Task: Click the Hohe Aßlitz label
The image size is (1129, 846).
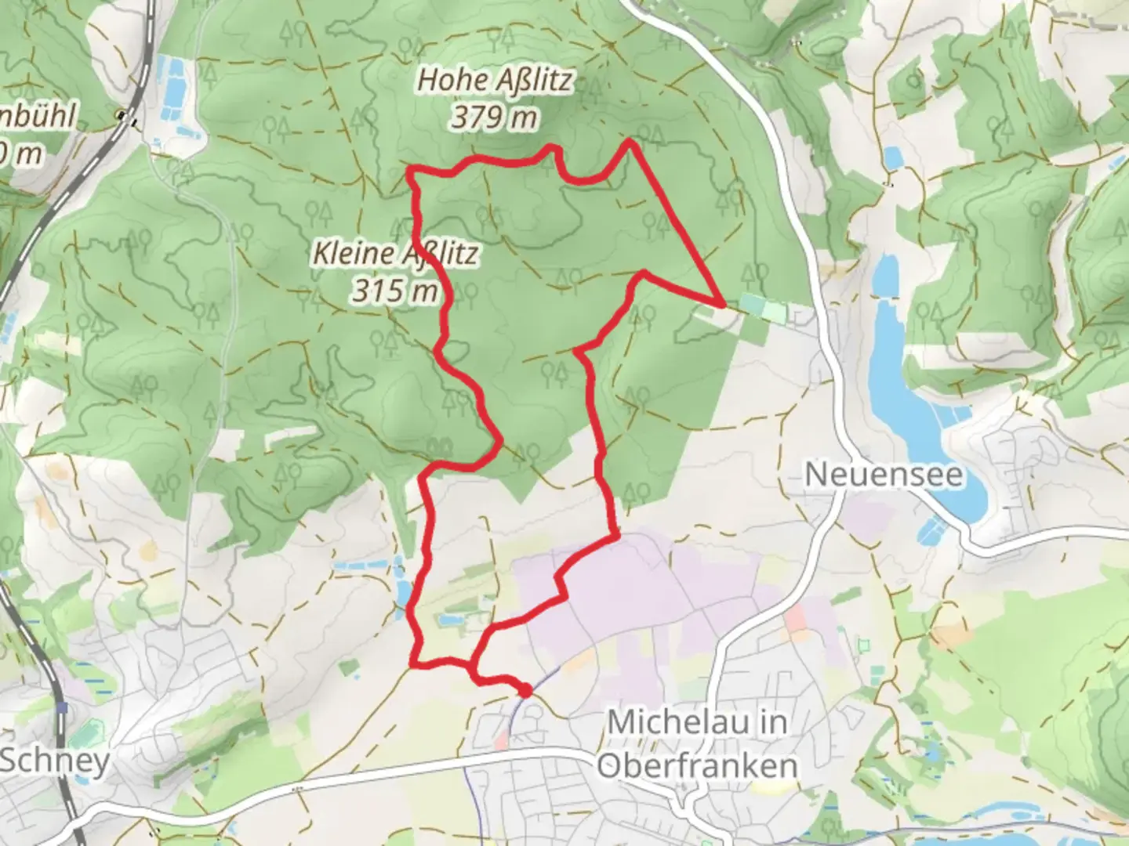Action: point(495,80)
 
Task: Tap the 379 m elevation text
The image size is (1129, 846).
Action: point(495,117)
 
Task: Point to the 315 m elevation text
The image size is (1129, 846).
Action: point(394,291)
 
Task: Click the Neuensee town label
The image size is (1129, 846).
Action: point(884,475)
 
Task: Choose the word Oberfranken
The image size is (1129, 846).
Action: point(698,765)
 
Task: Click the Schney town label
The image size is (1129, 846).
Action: point(55,761)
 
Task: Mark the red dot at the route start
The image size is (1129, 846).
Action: point(525,690)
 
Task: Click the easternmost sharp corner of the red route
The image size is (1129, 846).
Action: point(720,302)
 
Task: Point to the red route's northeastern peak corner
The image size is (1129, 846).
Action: point(630,142)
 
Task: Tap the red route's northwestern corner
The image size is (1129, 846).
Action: point(409,170)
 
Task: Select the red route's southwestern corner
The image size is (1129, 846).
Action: point(413,665)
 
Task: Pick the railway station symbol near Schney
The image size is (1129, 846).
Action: point(61,709)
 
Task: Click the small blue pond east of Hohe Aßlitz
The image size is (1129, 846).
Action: point(893,157)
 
